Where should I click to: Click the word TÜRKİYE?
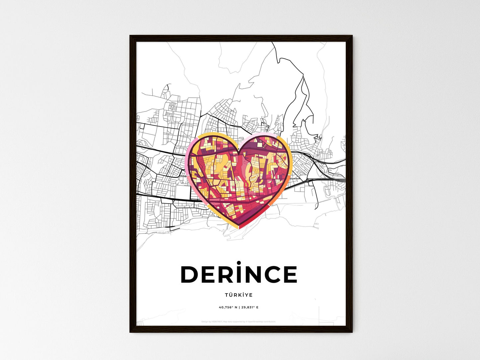(x=239, y=295)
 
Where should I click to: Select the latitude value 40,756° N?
(x=228, y=308)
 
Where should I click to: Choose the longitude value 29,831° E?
(x=250, y=308)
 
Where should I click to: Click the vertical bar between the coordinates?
(x=239, y=308)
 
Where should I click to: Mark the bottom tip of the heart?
(x=239, y=229)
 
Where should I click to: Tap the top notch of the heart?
(x=239, y=152)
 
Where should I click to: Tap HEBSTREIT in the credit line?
(x=217, y=322)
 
